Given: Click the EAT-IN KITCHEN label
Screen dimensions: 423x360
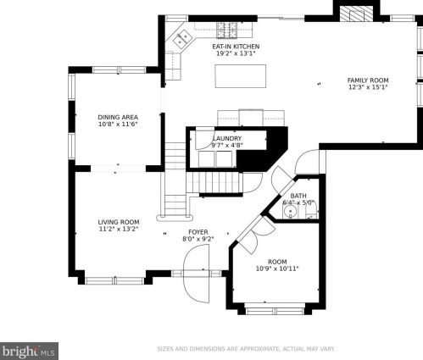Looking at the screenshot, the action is (236, 47).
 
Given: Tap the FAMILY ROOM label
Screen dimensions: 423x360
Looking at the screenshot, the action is (368, 80).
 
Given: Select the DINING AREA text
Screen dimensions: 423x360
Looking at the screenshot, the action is (118, 117).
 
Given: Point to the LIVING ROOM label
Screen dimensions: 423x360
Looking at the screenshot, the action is (119, 222).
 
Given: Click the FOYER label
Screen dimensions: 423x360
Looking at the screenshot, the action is (198, 232).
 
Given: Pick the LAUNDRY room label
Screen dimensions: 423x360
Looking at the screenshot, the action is (227, 138).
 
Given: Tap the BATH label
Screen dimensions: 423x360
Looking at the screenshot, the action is (298, 196).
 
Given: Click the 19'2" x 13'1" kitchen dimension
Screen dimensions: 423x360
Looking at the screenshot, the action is (236, 53).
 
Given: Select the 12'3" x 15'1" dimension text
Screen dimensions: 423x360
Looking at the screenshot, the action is (368, 87).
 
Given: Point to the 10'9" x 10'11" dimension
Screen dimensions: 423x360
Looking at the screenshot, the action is (277, 269).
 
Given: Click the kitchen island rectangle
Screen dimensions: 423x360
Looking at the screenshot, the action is (241, 76).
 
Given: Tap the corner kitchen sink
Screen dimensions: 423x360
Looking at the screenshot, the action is (181, 39).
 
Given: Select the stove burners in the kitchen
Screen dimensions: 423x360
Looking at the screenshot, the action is (226, 30).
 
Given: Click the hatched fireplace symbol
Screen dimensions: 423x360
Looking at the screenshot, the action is (356, 14).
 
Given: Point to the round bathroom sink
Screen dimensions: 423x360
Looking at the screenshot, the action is (290, 211).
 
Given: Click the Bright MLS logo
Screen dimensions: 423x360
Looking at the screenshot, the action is (29, 351).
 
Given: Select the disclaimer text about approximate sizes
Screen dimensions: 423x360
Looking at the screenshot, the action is (246, 349).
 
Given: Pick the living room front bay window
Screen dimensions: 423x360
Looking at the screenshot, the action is (115, 280).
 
